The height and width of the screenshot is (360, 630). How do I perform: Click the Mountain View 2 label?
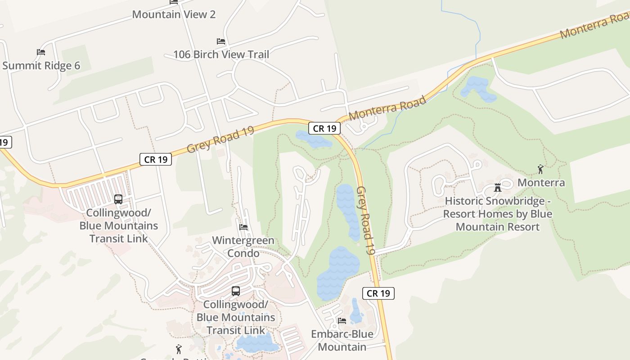pos(174,14)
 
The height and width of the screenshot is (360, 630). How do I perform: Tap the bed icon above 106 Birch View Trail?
pos(221,41)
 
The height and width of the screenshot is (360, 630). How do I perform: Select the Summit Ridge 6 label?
pos(41,66)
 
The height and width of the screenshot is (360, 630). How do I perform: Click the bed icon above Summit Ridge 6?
pos(41,52)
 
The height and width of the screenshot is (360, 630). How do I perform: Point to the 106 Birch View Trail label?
pos(221,54)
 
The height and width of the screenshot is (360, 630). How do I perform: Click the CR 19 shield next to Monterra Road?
pos(324,128)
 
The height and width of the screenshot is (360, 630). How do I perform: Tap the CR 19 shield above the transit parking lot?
pos(156,159)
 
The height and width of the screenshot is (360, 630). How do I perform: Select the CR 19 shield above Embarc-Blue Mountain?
pos(378,293)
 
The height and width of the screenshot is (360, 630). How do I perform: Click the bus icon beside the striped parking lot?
pos(118,199)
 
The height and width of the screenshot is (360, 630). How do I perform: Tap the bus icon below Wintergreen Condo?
pos(236,291)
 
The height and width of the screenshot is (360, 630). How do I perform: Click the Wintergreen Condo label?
pos(243,247)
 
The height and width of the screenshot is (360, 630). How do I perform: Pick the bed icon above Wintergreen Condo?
pos(243,227)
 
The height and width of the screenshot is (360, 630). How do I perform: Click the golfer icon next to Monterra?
pos(540,170)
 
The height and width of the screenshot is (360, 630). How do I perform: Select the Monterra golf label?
pos(541,183)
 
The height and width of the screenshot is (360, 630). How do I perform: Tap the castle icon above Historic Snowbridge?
pos(498,188)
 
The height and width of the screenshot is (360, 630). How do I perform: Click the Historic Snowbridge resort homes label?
pos(498,214)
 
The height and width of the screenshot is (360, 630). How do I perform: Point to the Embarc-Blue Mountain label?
pos(342,340)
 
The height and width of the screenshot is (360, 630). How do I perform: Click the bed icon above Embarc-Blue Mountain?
pos(342,321)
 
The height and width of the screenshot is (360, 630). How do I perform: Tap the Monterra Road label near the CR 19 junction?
pos(387,108)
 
